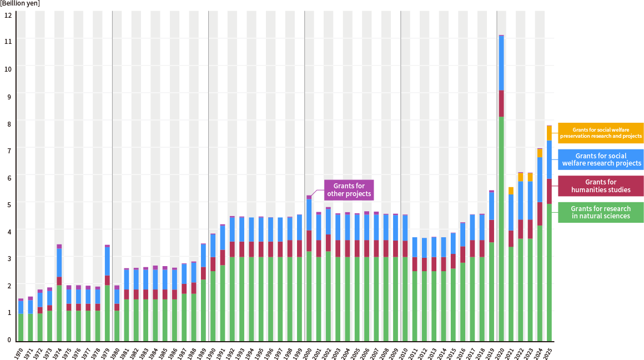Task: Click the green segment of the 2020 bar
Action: pos(501,228)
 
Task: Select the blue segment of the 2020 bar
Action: pos(501,63)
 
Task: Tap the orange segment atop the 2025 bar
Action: pos(549,133)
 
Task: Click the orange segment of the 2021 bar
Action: pos(511,191)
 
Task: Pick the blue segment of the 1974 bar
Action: pos(59,262)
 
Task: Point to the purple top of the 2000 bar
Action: pos(309,197)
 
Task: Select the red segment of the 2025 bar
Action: pos(549,191)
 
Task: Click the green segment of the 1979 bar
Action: pos(107,312)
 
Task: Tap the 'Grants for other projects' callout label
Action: pos(349,189)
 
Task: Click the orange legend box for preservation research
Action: pos(601,133)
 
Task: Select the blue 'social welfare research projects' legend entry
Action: pos(601,159)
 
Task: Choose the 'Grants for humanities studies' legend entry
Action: pos(601,186)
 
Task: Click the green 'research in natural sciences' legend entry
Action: pos(601,212)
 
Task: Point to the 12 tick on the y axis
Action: pos(8,14)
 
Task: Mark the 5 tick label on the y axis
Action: pos(8,204)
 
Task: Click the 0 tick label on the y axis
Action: pos(8,339)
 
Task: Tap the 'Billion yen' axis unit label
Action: pos(20,3)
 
